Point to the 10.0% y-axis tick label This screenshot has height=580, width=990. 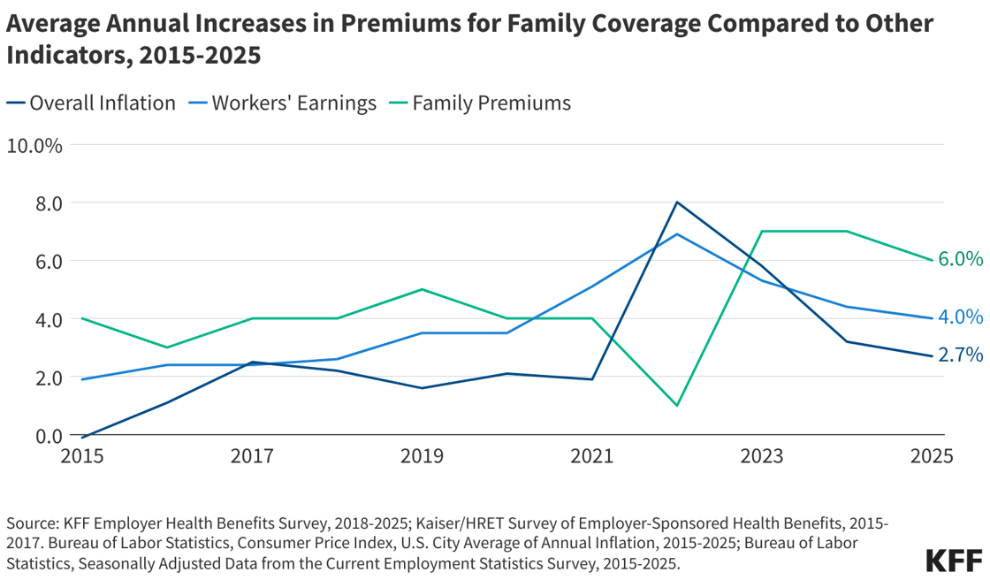(34, 145)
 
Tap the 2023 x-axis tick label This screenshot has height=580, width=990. (762, 456)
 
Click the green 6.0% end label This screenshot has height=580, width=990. (960, 259)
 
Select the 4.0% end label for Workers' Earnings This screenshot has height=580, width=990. (960, 317)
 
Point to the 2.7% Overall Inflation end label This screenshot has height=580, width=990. (960, 355)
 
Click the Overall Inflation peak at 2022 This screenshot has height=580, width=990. (677, 202)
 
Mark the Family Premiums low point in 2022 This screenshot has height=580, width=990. (677, 406)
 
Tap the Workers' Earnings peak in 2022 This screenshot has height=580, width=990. (677, 234)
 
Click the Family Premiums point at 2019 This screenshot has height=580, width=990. (423, 289)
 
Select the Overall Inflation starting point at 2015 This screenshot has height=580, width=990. (83, 437)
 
